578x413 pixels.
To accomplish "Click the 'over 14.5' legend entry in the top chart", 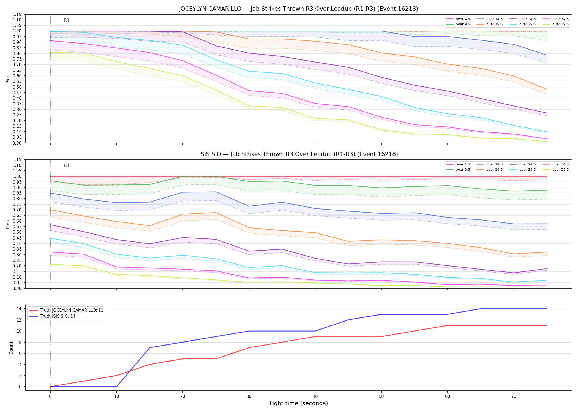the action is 490,19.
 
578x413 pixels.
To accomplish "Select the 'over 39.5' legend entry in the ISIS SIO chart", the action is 556,170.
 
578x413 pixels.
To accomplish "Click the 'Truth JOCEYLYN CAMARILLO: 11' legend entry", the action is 66,310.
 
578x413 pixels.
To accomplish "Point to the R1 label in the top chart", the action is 67,20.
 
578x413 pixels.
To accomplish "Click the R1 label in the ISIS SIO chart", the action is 67,165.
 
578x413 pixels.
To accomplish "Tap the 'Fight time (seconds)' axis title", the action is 299,403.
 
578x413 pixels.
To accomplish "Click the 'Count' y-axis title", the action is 11,348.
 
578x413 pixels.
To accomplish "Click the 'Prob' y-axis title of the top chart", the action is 8,79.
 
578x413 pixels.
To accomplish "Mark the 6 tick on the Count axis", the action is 20,353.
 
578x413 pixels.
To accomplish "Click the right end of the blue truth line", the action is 547,309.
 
